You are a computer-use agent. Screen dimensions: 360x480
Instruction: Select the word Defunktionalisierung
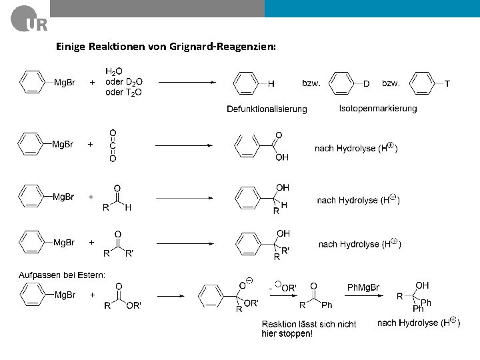[267, 109]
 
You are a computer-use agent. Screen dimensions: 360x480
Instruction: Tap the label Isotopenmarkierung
[377, 108]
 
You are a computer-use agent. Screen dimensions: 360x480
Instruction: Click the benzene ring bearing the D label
[341, 84]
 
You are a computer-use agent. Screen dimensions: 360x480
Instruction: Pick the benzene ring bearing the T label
[421, 84]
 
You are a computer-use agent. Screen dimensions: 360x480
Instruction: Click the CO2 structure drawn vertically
[113, 146]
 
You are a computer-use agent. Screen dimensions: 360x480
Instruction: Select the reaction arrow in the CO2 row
[183, 145]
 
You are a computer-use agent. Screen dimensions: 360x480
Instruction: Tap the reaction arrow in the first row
[186, 83]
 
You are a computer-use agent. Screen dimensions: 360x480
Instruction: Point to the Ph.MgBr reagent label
[363, 288]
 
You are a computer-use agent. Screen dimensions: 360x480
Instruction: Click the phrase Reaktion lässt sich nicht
[309, 324]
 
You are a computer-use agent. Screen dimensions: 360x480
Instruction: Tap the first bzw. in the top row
[311, 83]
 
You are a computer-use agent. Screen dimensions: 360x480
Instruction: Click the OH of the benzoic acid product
[282, 157]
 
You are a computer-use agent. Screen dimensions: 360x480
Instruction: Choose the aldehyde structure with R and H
[117, 199]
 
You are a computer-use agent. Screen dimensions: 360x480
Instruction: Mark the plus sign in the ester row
[92, 294]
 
